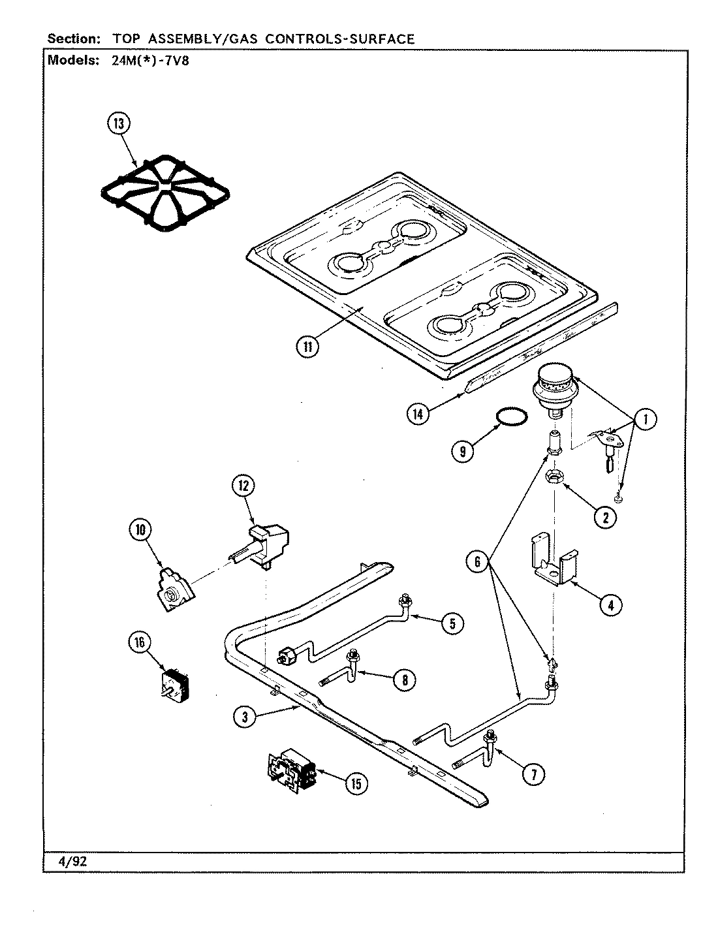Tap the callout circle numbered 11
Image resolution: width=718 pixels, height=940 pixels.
(x=307, y=347)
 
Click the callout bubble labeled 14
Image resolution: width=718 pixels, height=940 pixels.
(x=418, y=413)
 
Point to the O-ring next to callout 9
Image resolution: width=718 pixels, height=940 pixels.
(x=511, y=416)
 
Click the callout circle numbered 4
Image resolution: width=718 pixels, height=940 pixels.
(x=609, y=604)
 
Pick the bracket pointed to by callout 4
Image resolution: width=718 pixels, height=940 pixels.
(x=554, y=559)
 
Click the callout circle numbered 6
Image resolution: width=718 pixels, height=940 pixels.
(x=478, y=561)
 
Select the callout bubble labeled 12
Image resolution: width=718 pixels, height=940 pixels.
(x=243, y=485)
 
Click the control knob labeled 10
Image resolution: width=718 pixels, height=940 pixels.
(x=174, y=591)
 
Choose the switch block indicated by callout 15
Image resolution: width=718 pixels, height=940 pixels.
(x=290, y=774)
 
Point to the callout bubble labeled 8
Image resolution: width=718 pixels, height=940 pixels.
(x=405, y=680)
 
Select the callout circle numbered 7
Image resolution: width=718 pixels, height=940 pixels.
(x=533, y=774)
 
